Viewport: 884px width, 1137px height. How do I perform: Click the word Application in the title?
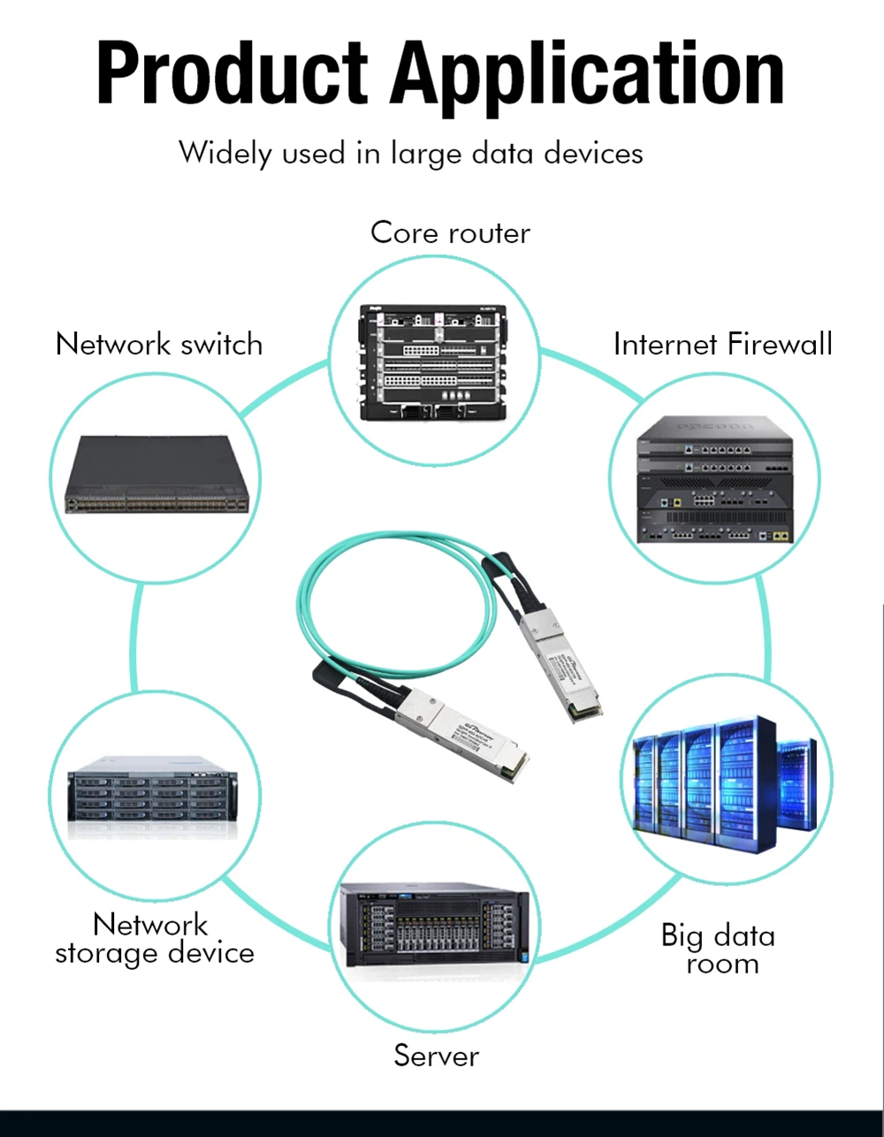[588, 74]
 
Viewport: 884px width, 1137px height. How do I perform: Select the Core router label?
[450, 233]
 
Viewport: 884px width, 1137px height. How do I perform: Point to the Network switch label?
[159, 344]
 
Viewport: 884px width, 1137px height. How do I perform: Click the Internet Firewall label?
[722, 344]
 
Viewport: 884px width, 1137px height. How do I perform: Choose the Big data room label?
[719, 949]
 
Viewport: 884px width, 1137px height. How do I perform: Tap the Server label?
[437, 1056]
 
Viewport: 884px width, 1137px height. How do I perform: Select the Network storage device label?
[155, 938]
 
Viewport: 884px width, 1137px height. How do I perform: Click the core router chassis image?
[432, 362]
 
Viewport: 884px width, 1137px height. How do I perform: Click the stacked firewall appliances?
[715, 479]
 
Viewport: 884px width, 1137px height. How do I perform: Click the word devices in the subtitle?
[593, 154]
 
